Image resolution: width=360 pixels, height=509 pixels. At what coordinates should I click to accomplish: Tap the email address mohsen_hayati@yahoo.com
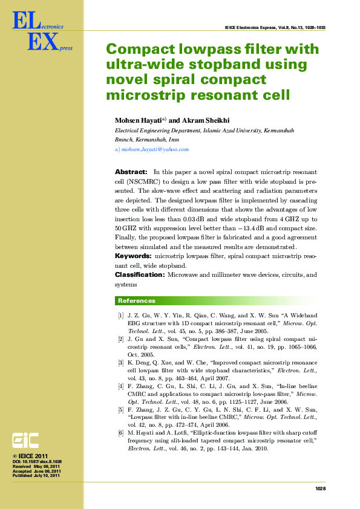155,149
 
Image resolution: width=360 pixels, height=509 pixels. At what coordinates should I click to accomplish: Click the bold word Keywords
134,256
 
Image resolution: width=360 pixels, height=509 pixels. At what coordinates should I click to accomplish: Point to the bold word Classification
139,274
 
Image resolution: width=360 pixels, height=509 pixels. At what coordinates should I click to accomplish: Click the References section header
136,300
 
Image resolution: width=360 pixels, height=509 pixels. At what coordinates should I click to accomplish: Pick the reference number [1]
121,316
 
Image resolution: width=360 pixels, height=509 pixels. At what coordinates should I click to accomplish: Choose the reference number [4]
121,386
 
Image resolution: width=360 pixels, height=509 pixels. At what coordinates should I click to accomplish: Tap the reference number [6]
121,433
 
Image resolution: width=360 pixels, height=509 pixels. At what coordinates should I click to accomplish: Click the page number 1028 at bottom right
321,488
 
